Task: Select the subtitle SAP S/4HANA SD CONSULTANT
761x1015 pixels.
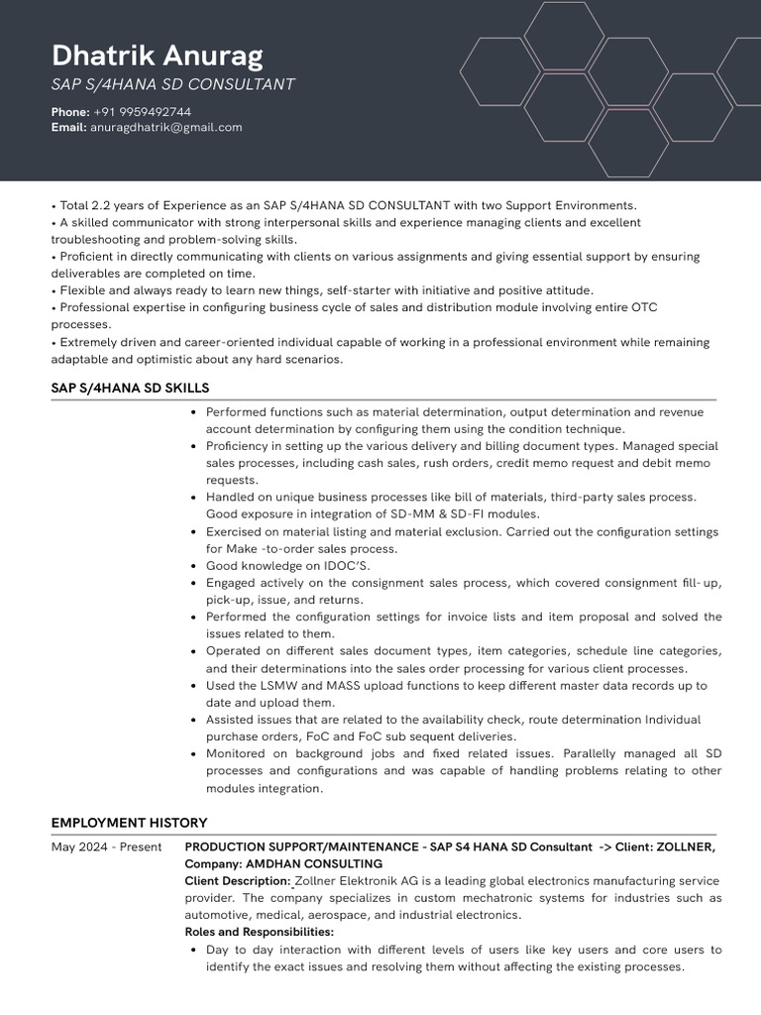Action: point(172,85)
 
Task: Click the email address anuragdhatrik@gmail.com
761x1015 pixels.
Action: point(165,127)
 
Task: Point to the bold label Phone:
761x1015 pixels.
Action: point(69,112)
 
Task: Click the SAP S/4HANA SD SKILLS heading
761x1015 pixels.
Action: point(130,388)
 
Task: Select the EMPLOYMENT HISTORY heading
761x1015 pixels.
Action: point(129,823)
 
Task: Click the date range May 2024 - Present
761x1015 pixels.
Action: point(106,846)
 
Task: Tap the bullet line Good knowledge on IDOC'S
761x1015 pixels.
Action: point(287,566)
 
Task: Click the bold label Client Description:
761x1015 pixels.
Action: point(238,881)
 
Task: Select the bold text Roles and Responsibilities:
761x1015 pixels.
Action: point(259,932)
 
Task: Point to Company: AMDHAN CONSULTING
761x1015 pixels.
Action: point(283,864)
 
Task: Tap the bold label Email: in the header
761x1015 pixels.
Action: point(68,127)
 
